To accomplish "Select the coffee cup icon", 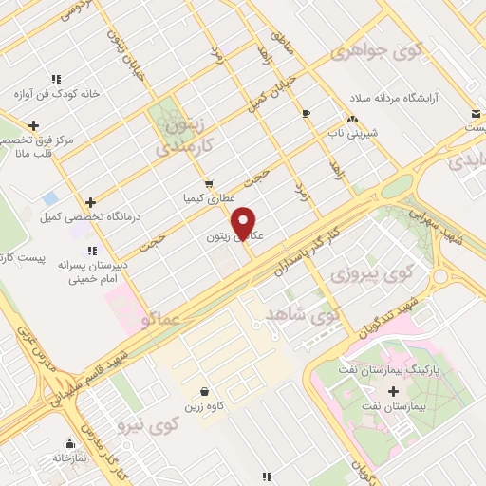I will click(x=305, y=113).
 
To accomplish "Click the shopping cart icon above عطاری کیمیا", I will click(x=208, y=184).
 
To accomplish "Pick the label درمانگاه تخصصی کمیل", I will click(x=90, y=217).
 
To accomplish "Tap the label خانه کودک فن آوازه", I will click(x=56, y=94).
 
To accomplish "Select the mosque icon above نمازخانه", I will click(x=68, y=442).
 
